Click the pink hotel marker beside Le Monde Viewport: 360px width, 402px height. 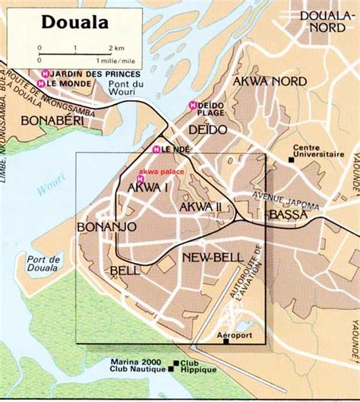[44, 83]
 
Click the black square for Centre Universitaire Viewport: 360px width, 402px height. [292, 160]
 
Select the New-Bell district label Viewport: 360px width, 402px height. [212, 258]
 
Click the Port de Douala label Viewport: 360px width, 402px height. [46, 264]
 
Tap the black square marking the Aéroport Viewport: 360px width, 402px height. [226, 341]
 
